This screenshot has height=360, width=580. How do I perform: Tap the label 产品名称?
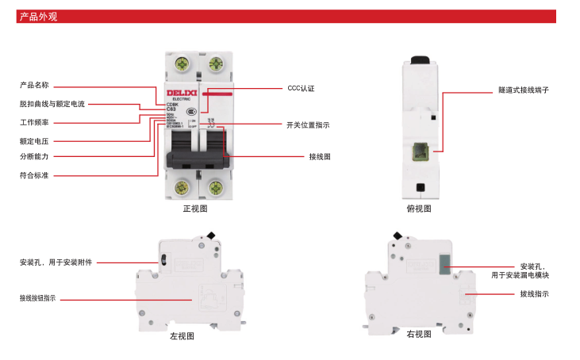pyautogui.click(x=34, y=85)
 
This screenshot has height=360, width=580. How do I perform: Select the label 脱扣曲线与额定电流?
pyautogui.click(x=52, y=104)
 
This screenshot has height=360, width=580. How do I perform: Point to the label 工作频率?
pyautogui.click(x=34, y=122)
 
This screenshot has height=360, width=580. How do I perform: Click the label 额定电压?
pyautogui.click(x=34, y=140)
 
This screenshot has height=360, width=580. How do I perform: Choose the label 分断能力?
pyautogui.click(x=34, y=157)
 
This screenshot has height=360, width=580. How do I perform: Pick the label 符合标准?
pyautogui.click(x=34, y=175)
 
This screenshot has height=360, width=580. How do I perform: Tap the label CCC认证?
pyautogui.click(x=301, y=88)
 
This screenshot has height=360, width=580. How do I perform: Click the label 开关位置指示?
pyautogui.click(x=308, y=124)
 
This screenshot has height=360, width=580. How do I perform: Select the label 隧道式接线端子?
pyautogui.click(x=524, y=90)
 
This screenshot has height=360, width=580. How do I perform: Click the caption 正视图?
pyautogui.click(x=195, y=209)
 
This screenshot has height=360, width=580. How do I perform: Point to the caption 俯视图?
pyautogui.click(x=419, y=209)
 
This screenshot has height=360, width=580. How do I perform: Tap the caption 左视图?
pyautogui.click(x=182, y=336)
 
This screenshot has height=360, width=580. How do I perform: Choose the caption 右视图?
pyautogui.click(x=419, y=335)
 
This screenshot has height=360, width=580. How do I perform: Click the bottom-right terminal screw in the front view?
pyautogui.click(x=214, y=188)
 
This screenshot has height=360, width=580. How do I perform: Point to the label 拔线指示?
pyautogui.click(x=534, y=294)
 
